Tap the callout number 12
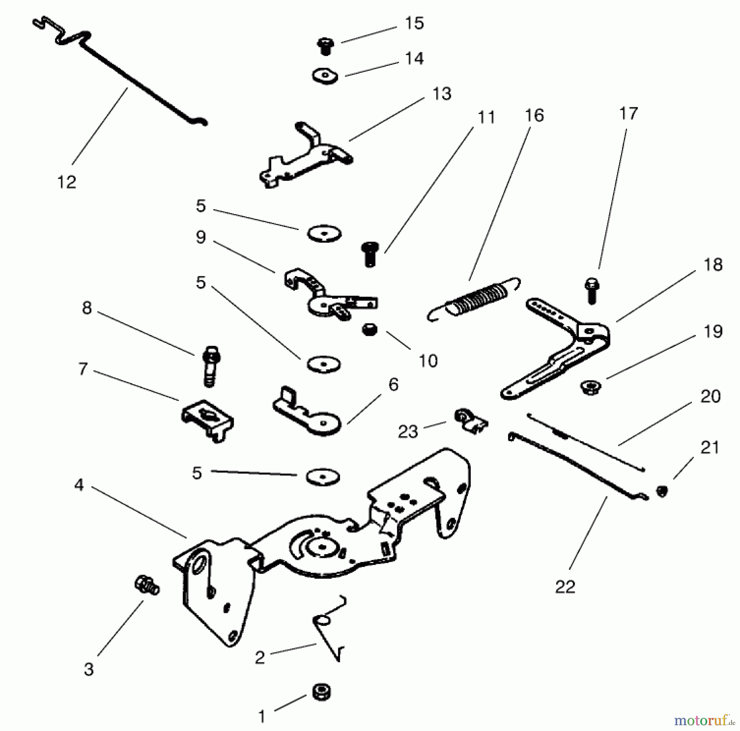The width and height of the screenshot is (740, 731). tap(67, 182)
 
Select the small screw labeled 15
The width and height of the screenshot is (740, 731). tap(325, 46)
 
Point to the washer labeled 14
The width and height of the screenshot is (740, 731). tap(325, 76)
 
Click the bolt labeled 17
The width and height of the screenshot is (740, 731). tap(592, 291)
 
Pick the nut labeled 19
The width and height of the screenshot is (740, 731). tap(591, 387)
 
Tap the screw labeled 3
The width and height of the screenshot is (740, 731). tap(146, 585)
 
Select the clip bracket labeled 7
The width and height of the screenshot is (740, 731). tap(208, 420)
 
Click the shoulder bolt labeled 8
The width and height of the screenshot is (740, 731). tap(210, 365)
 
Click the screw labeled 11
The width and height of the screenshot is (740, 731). tap(370, 254)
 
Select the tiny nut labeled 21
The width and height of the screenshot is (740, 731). tap(662, 491)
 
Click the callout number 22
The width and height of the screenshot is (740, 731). tap(565, 587)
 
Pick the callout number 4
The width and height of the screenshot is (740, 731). tap(79, 485)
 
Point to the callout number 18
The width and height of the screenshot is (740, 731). tap(713, 265)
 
